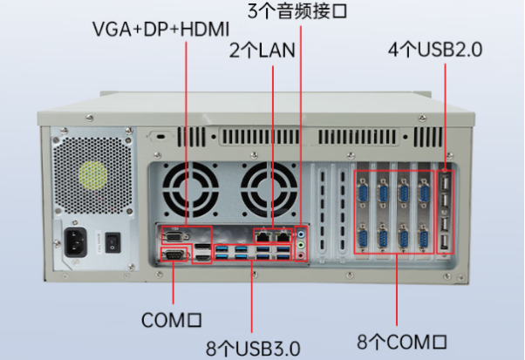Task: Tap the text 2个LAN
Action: click(262, 50)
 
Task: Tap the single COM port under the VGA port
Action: click(173, 255)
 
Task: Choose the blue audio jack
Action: click(302, 234)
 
